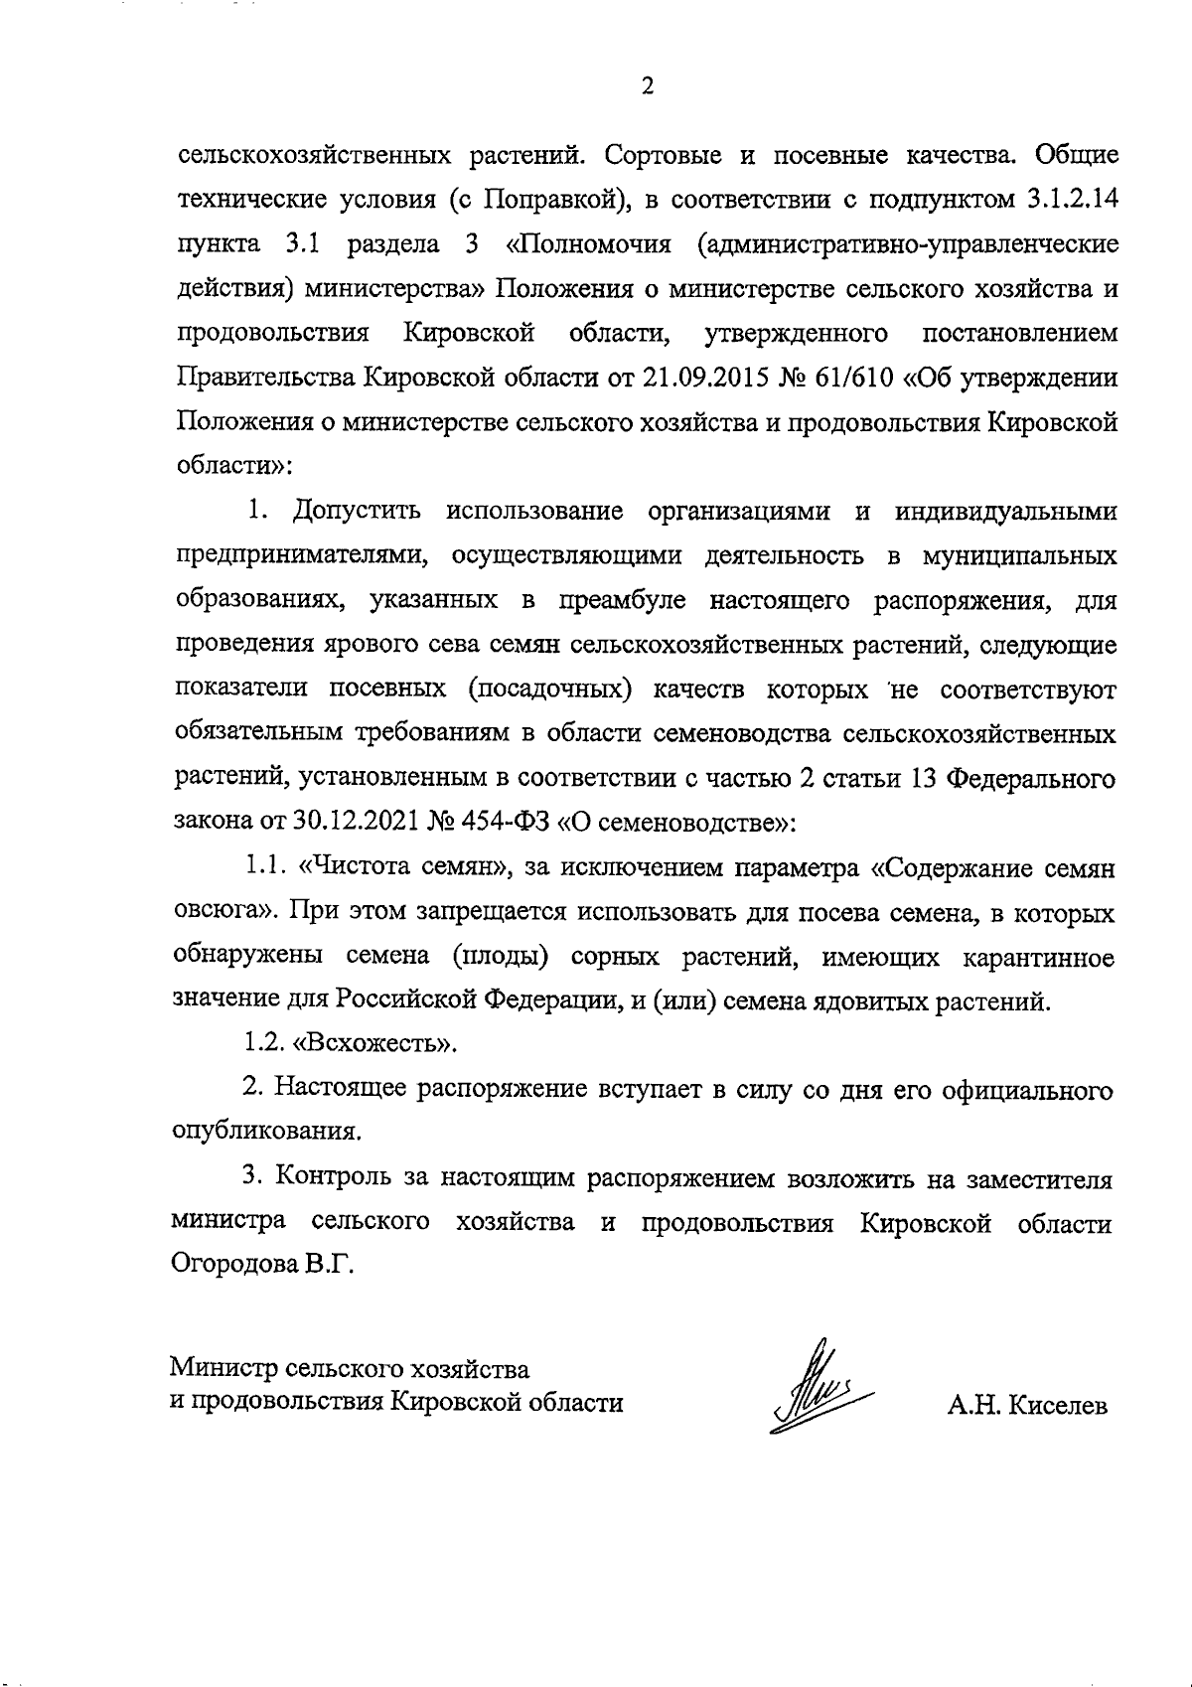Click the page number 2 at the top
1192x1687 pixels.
pos(647,87)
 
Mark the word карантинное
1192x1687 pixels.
pos(1037,958)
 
